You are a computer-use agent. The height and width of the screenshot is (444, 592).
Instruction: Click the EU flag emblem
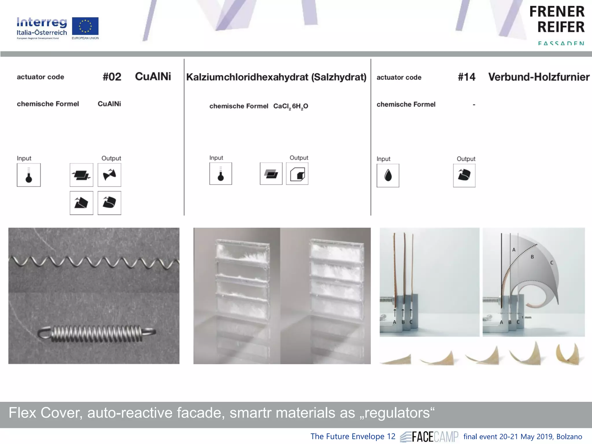85,26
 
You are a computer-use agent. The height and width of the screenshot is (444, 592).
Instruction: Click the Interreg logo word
42,22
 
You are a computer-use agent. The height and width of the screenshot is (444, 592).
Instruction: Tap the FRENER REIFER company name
557,19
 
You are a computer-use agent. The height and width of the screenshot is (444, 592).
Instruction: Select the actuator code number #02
112,77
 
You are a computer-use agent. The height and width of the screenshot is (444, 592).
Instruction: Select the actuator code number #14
466,77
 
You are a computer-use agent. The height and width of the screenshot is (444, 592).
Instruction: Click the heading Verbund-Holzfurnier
539,77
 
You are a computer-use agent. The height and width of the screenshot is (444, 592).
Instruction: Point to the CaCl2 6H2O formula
291,106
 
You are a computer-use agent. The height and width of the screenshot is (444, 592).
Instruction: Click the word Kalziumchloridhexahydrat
247,77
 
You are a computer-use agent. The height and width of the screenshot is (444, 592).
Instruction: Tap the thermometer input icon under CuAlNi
29,175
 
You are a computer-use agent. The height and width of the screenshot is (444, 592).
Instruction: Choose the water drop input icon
388,175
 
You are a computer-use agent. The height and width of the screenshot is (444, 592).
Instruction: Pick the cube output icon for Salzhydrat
297,174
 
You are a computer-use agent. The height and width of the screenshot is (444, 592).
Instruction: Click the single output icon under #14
464,175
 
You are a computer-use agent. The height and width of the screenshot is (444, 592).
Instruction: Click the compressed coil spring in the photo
97,333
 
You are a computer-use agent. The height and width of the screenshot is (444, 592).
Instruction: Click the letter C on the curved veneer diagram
552,263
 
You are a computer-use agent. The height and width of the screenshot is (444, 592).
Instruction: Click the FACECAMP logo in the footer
429,436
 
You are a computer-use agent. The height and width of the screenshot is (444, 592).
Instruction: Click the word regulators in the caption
397,413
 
